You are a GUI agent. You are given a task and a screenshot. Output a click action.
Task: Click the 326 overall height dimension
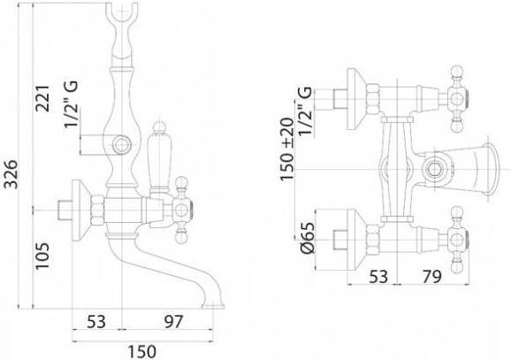click(12, 173)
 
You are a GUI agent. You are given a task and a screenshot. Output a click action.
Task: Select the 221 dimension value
click(42, 98)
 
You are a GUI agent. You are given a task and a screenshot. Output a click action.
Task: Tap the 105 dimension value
click(42, 256)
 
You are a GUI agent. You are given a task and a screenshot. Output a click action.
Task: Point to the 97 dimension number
click(173, 321)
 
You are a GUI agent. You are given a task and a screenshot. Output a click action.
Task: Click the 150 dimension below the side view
click(141, 351)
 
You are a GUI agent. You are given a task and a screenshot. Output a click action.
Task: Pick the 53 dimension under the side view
click(96, 321)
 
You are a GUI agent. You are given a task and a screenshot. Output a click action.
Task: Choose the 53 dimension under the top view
click(378, 277)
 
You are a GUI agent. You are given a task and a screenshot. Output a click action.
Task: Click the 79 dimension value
click(432, 277)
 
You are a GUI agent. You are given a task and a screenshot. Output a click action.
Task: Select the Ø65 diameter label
click(308, 237)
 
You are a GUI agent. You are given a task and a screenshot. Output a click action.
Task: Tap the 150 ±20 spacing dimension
click(287, 149)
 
